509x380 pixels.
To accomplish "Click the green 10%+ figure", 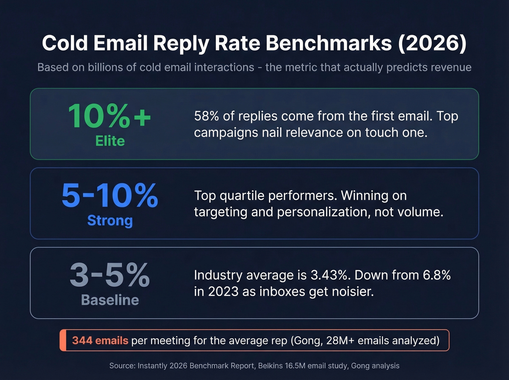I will coord(109,116).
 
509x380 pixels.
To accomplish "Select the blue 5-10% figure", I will coord(110,195).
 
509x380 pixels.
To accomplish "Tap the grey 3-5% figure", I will coord(110,275).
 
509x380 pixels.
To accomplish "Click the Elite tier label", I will coord(110,141).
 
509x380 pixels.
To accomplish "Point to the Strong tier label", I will coord(110,220).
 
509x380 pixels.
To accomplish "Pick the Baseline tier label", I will coord(110,300).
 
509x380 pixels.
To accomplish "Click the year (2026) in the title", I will coord(432,43).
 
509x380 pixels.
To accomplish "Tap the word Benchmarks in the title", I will coord(329,43).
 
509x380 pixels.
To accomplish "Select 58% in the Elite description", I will coord(207,116).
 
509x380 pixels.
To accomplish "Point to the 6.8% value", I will coord(437,275).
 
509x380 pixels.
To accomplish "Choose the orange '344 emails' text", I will coord(100,340).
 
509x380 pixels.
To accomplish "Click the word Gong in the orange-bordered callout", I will coord(306,340).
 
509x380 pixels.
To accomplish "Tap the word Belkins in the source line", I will coord(270,366).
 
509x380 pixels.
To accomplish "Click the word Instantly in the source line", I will coord(153,366).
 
